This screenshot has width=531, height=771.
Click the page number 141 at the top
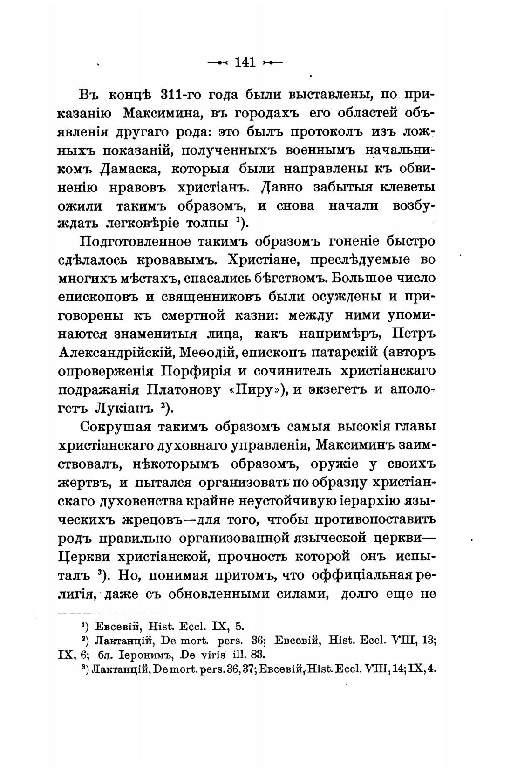point(245,62)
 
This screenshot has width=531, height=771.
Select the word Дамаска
point(130,169)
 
